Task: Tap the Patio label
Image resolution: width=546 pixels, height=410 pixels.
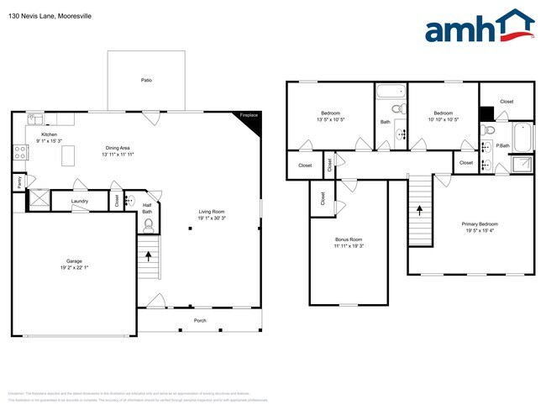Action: [146, 81]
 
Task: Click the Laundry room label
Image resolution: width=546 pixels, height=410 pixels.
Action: [80, 201]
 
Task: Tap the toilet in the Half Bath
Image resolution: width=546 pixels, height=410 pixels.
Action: [129, 201]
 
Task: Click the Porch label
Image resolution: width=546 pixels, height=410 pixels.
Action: [200, 320]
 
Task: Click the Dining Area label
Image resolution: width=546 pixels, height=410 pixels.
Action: [118, 147]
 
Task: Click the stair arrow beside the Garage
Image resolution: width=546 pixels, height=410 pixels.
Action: [149, 253]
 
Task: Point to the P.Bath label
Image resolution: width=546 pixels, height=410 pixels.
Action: [503, 145]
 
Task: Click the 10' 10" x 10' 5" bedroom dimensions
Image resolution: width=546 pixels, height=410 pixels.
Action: [443, 119]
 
